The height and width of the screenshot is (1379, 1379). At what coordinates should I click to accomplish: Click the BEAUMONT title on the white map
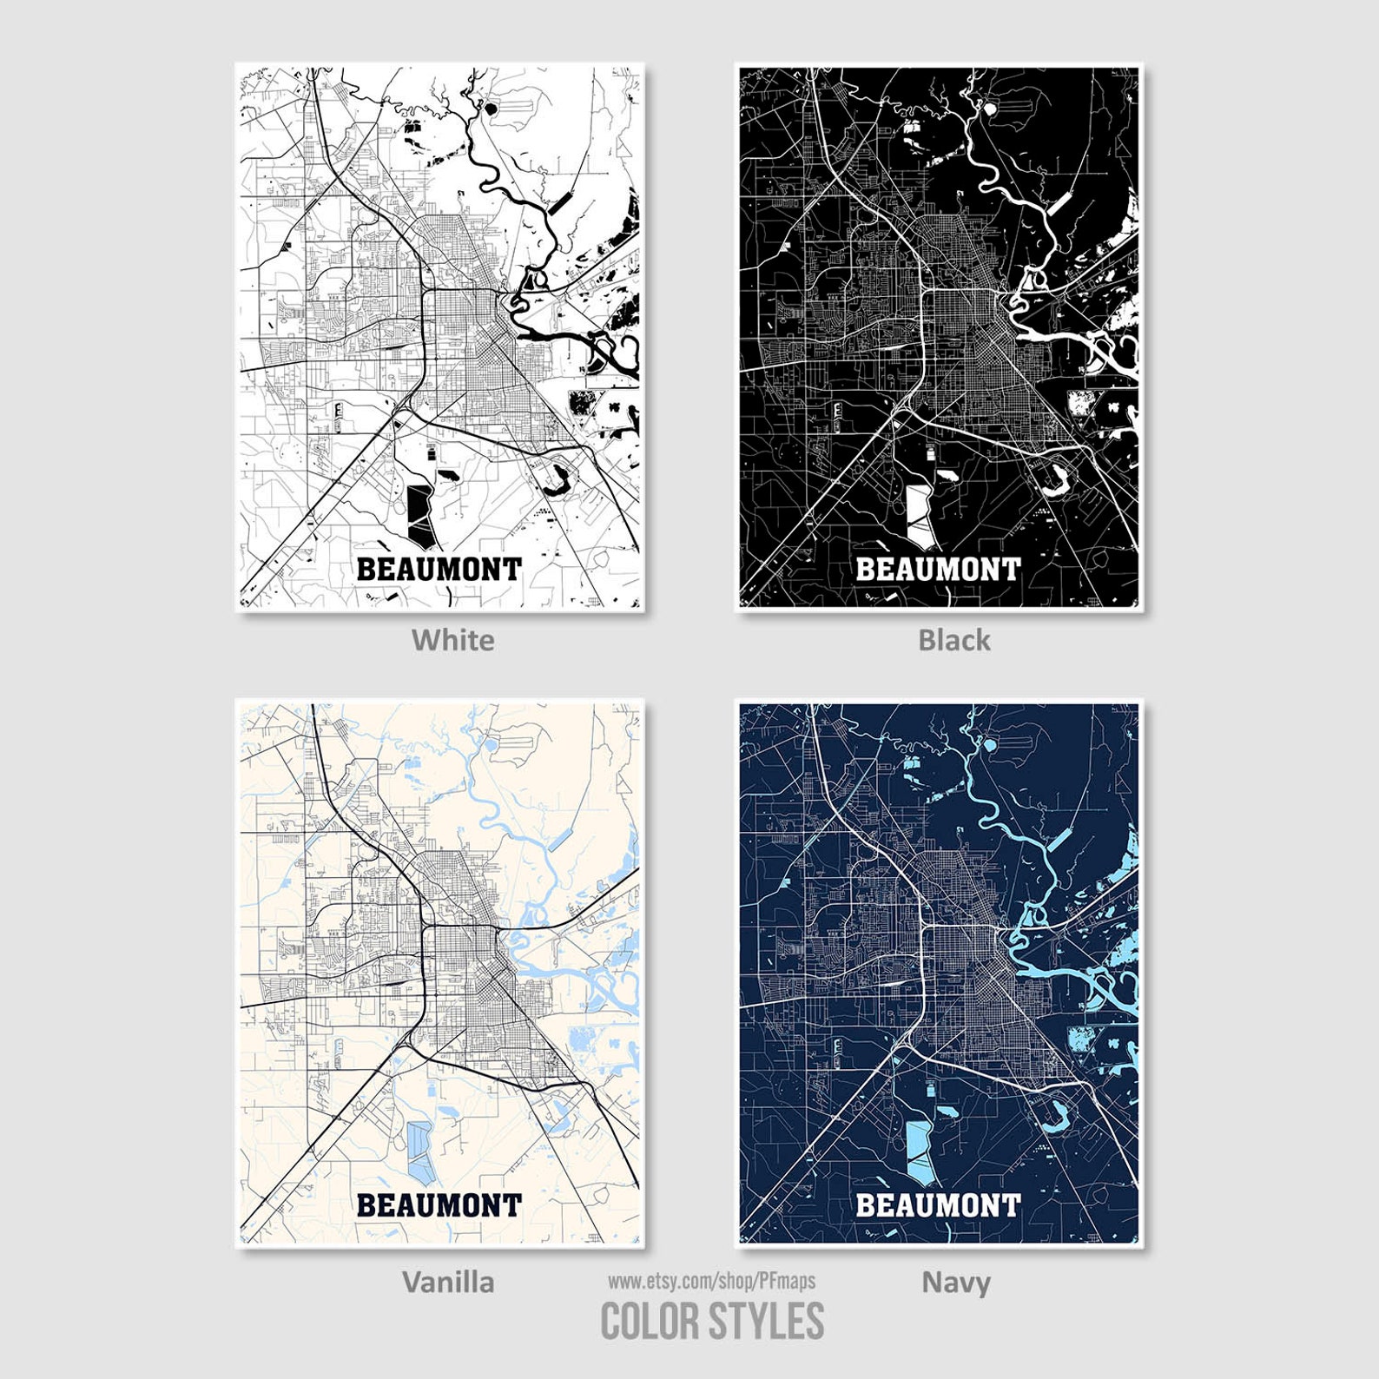click(x=439, y=570)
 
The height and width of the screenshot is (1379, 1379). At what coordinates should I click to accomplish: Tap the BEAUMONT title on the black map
click(x=938, y=570)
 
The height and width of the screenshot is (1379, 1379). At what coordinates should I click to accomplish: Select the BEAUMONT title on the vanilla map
click(x=439, y=1205)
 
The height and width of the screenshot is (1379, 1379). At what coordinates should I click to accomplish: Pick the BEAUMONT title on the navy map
click(x=938, y=1205)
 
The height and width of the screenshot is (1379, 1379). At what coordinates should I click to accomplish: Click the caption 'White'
click(x=452, y=640)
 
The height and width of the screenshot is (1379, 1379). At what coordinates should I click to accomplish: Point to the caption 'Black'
click(x=953, y=640)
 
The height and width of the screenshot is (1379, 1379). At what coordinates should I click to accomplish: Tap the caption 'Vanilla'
click(x=448, y=1282)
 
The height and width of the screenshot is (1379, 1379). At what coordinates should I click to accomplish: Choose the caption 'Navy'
click(x=955, y=1282)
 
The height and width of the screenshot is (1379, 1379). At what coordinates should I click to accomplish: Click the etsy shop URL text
click(x=711, y=1281)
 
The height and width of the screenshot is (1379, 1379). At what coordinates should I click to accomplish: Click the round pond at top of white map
click(x=490, y=109)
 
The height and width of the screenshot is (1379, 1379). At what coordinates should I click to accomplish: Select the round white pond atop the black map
click(x=989, y=109)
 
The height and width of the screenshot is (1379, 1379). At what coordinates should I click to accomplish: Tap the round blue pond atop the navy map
click(x=989, y=744)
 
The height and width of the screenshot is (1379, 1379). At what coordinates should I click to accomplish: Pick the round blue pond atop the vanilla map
click(x=490, y=744)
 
